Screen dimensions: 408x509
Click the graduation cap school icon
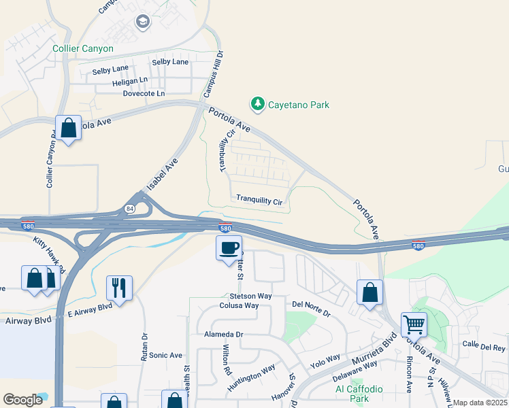coord(143,22)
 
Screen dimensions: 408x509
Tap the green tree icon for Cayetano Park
coord(257,104)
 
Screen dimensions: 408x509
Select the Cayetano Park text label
coord(298,105)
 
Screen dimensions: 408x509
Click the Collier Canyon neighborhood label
coord(83,49)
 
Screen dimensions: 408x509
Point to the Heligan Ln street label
coord(130,80)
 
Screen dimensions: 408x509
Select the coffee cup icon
coord(229,248)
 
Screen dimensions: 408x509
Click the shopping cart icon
coord(414,324)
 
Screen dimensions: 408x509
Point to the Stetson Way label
coord(250,296)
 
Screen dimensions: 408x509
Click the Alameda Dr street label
coord(223,335)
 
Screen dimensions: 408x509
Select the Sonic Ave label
coord(166,355)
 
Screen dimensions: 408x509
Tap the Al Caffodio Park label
coord(359,394)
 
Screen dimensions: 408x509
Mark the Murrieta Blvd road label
coord(374,352)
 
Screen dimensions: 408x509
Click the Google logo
coord(23,400)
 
